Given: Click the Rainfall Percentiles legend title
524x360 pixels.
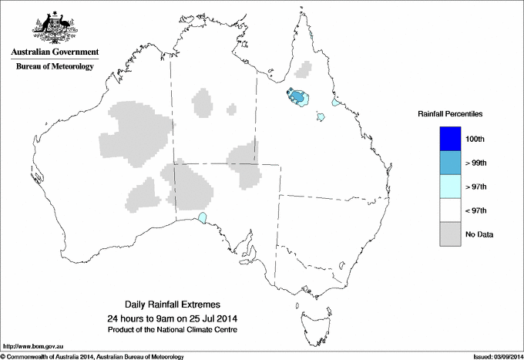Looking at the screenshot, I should pyautogui.click(x=450, y=113).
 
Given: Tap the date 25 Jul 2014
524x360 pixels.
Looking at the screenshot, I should pyautogui.click(x=207, y=318).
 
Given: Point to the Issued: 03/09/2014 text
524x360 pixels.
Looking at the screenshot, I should pyautogui.click(x=497, y=356).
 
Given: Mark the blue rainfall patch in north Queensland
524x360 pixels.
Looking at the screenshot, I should pyautogui.click(x=297, y=98).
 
